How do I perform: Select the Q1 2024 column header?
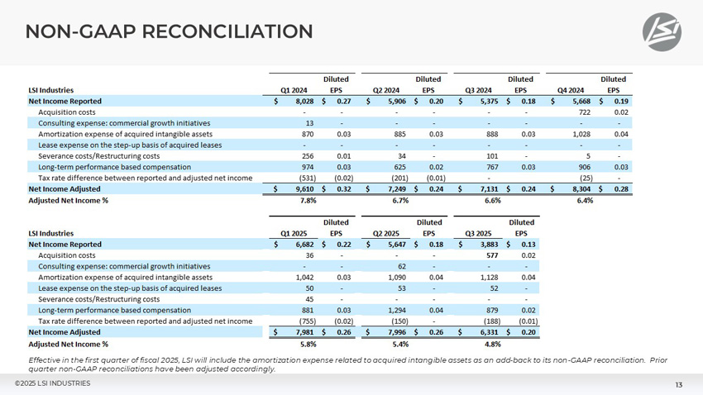pos(294,90)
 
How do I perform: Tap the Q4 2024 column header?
pos(571,90)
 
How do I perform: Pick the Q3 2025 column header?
pos(479,233)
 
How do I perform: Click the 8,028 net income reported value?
pos(301,101)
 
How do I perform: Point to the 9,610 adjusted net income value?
pos(301,188)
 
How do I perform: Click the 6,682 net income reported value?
pos(301,244)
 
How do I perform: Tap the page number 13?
pos(678,385)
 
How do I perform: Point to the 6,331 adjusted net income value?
pos(486,332)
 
